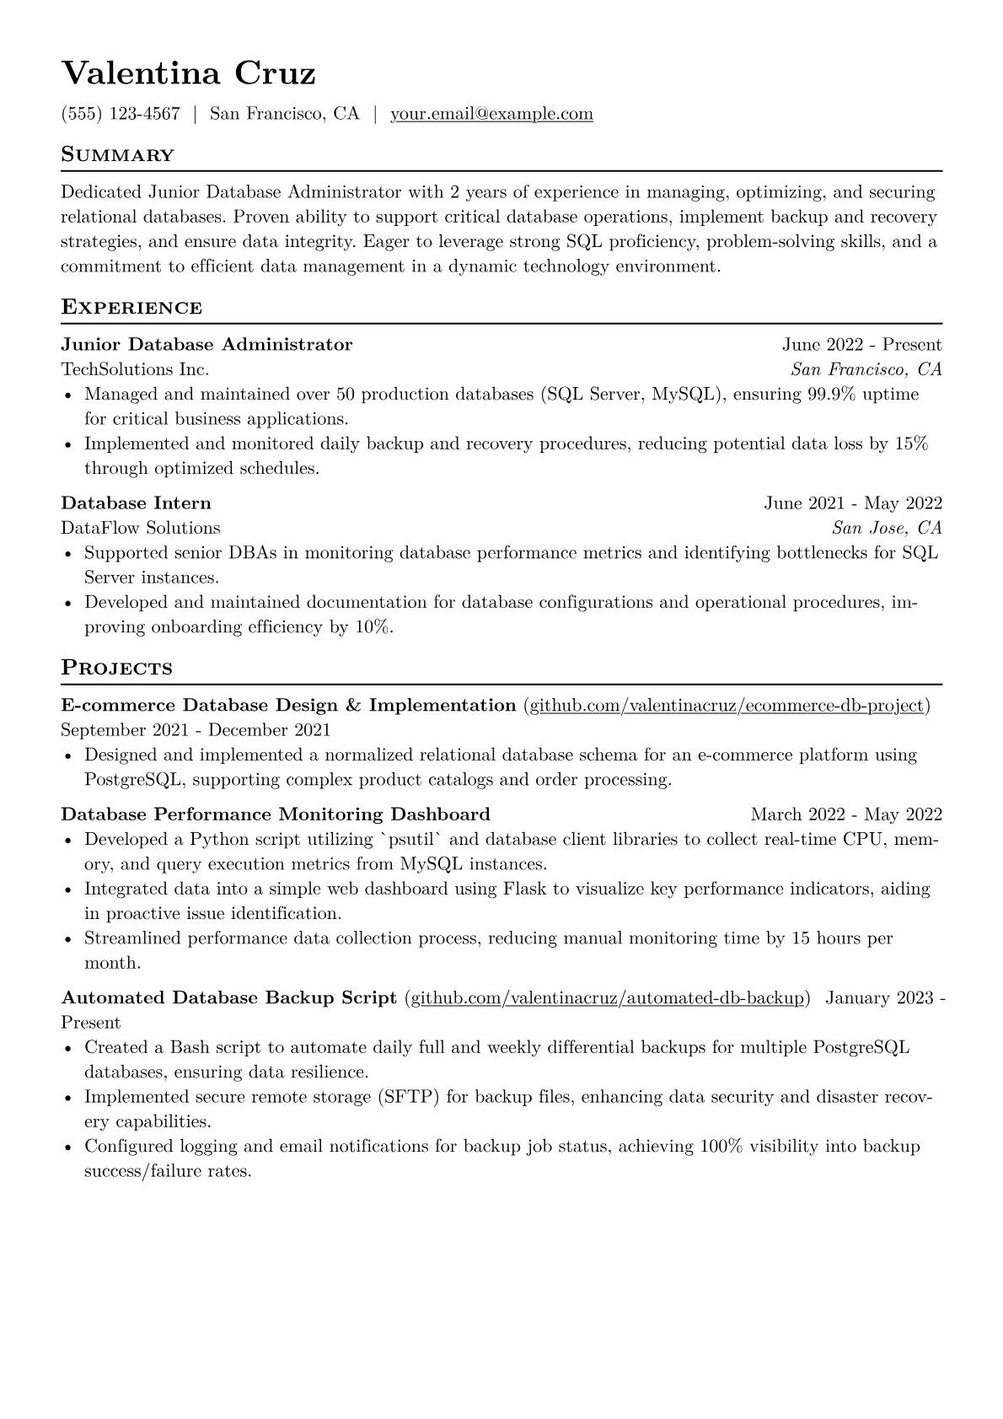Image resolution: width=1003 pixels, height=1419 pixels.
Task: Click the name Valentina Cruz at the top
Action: [188, 73]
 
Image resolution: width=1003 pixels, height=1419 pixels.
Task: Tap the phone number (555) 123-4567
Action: [121, 114]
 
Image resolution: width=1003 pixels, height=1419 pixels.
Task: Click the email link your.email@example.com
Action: [491, 114]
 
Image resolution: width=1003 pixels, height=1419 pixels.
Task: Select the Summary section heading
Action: [118, 155]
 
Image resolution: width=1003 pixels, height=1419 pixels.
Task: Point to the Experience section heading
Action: [131, 308]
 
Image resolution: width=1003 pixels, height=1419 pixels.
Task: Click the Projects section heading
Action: [116, 669]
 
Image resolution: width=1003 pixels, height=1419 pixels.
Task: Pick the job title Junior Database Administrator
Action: [206, 345]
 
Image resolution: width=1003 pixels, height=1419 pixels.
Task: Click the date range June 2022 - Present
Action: [861, 345]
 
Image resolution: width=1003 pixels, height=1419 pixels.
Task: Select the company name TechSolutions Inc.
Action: [135, 369]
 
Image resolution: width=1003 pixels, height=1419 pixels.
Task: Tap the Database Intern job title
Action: [136, 503]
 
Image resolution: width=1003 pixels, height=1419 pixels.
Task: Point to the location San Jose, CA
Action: [887, 529]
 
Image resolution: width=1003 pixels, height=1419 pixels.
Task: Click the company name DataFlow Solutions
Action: [141, 529]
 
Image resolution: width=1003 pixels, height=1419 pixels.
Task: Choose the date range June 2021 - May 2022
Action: [853, 503]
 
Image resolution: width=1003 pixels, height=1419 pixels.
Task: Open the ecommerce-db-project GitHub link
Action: [726, 706]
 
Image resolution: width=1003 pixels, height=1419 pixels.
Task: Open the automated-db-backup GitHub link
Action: [607, 998]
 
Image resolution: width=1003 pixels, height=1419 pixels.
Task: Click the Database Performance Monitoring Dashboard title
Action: [276, 814]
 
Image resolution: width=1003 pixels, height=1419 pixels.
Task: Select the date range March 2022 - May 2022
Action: [846, 814]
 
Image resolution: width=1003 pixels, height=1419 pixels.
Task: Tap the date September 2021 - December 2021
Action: [196, 730]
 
